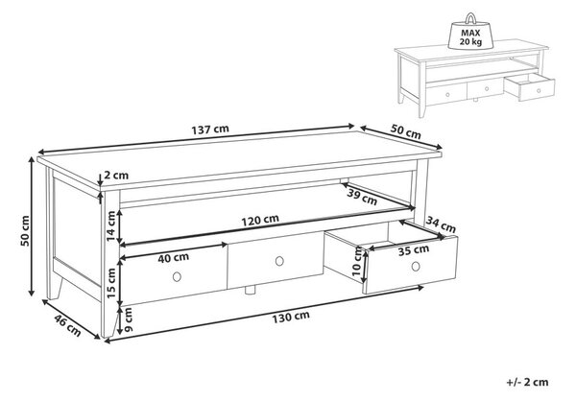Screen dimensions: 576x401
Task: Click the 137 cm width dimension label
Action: tap(210, 130)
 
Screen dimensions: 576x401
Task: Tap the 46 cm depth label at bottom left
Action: tap(67, 325)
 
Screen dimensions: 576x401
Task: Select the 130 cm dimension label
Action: tap(291, 317)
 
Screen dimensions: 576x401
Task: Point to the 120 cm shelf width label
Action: tap(260, 221)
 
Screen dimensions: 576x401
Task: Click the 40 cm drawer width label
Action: tap(174, 258)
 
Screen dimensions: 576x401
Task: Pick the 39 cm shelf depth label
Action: tap(362, 198)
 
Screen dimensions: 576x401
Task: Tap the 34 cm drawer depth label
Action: tap(441, 224)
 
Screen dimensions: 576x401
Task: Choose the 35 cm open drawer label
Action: tap(414, 250)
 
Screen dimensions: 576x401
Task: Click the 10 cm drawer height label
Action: tap(357, 262)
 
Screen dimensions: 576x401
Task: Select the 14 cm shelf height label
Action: tap(111, 226)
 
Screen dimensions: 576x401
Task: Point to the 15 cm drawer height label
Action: tap(111, 282)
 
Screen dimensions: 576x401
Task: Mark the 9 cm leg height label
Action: tap(128, 319)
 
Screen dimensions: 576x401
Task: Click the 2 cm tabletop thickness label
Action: tap(116, 176)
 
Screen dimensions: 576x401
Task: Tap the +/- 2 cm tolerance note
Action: tap(527, 382)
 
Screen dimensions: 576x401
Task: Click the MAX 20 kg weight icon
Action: tap(470, 33)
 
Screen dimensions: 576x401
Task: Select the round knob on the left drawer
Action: tap(177, 276)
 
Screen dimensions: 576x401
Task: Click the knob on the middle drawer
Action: tap(279, 261)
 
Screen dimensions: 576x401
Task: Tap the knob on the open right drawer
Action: tap(416, 267)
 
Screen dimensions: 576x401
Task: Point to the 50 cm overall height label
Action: tap(25, 231)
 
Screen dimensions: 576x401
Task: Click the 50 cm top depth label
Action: tap(405, 131)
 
